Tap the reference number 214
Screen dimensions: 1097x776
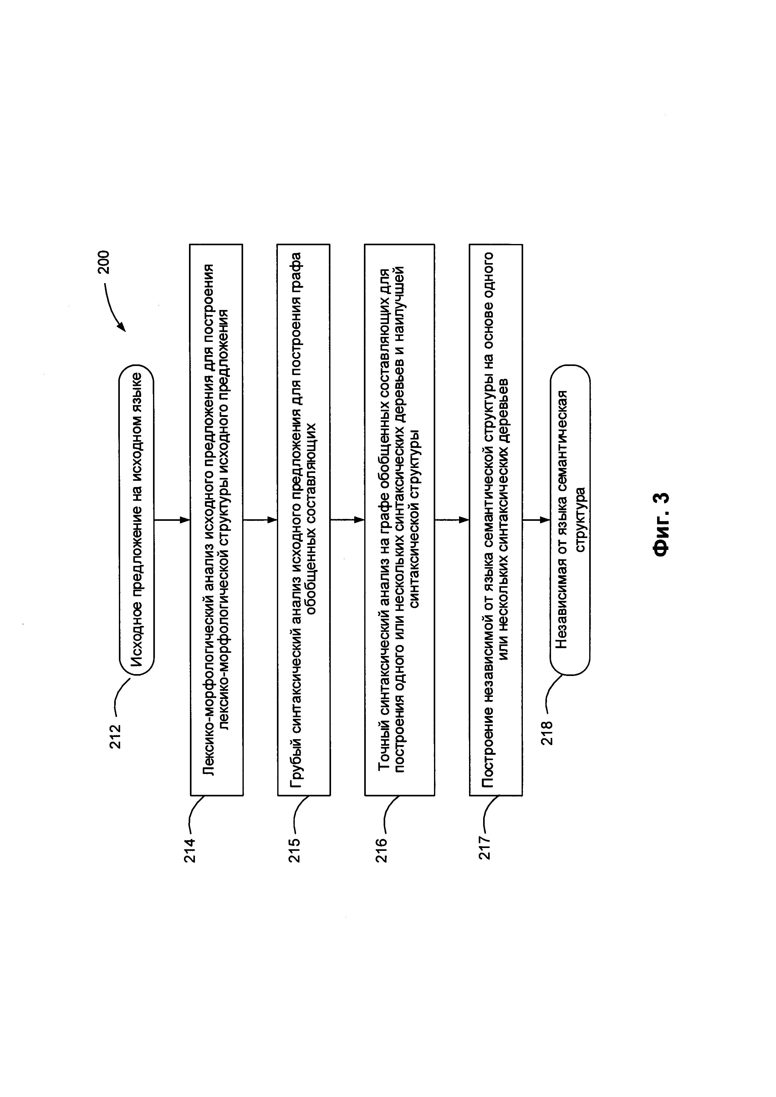pos(190,851)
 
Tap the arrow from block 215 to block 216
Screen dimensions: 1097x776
pos(347,520)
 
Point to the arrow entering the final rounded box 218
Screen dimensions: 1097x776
pos(536,520)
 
